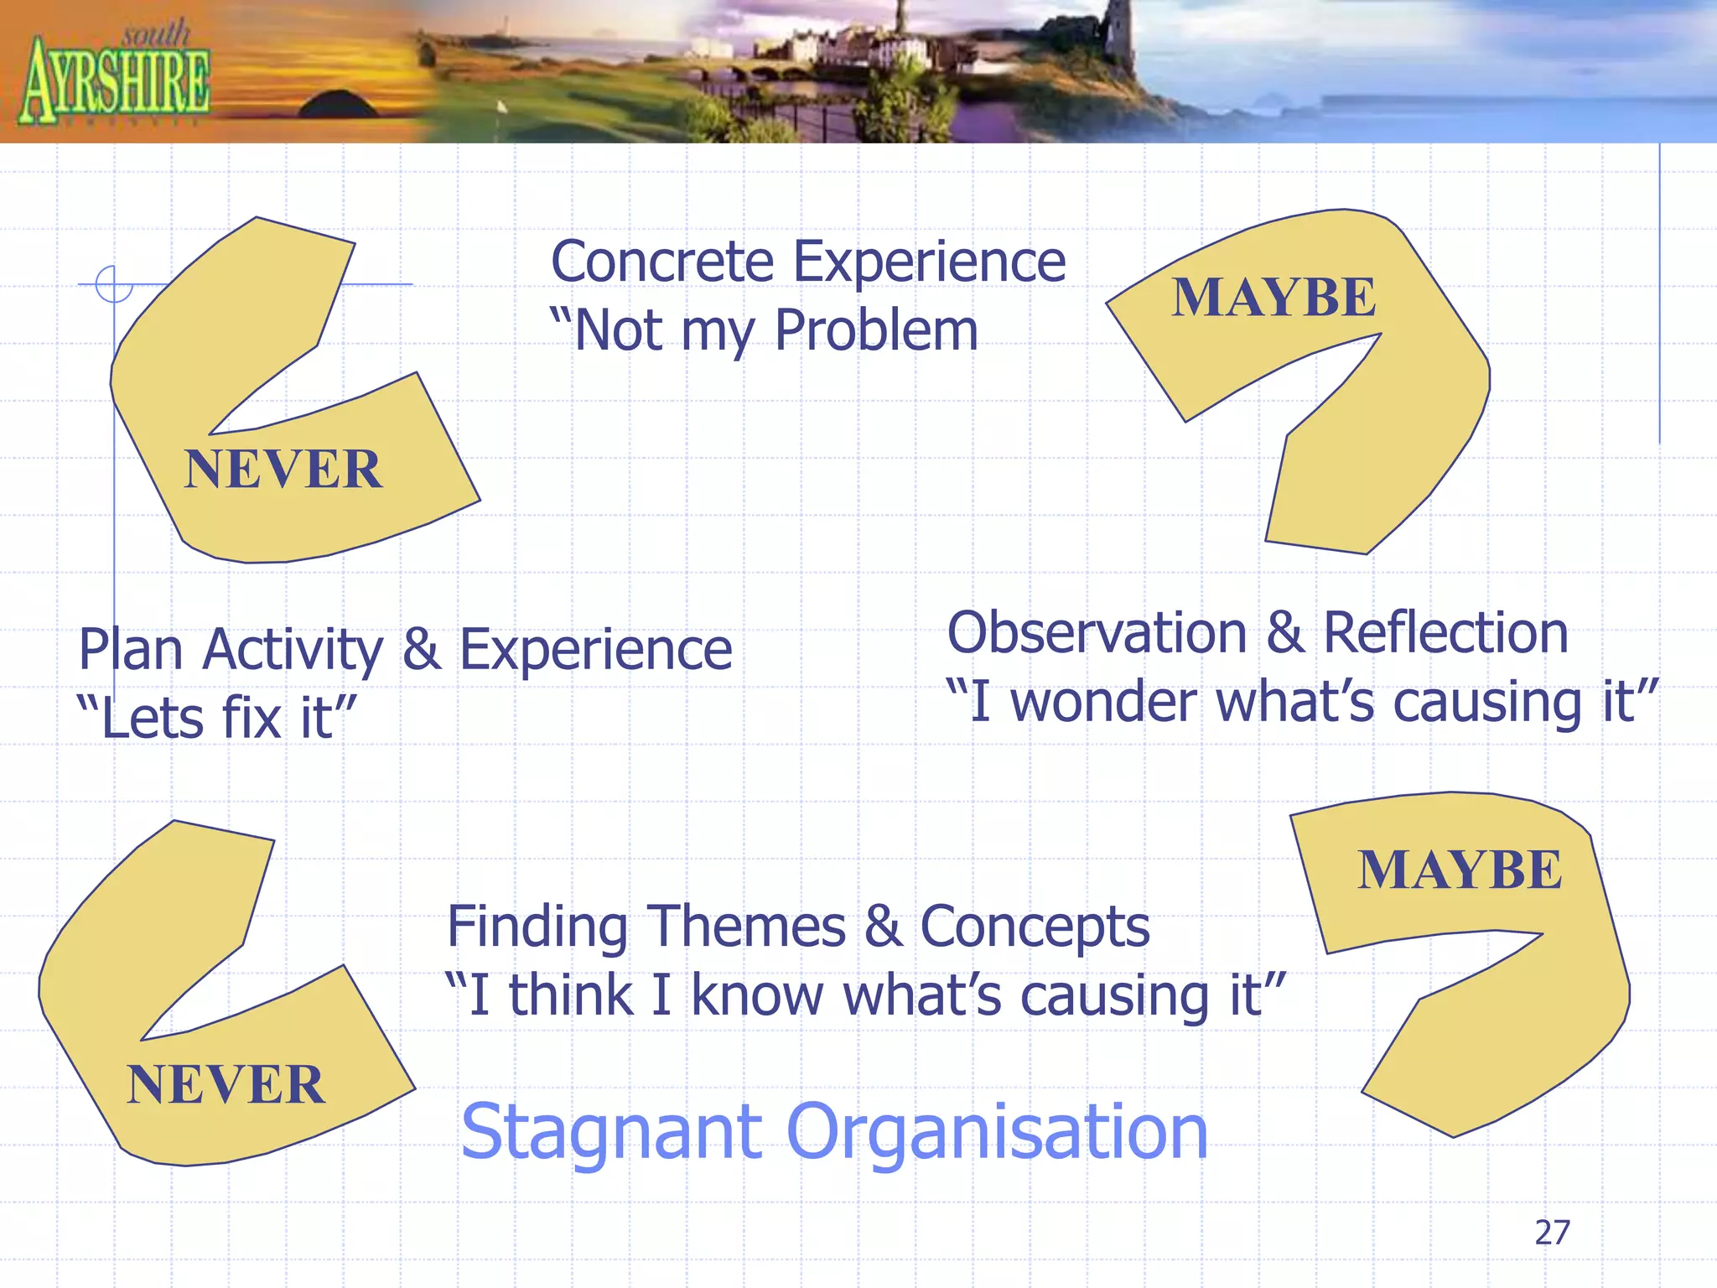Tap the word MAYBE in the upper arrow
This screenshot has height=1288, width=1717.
point(1273,297)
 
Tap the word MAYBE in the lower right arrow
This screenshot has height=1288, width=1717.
point(1460,870)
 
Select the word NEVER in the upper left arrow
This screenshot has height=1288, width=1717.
point(283,469)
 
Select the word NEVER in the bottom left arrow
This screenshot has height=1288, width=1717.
point(226,1084)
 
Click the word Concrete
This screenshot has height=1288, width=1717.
point(662,262)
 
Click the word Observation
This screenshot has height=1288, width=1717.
point(1097,632)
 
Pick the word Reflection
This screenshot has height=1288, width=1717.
point(1445,632)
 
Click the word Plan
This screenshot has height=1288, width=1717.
point(130,651)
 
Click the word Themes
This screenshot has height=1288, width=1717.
point(746,927)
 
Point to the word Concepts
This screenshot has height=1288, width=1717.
point(1035,927)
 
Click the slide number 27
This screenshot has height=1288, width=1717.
point(1552,1233)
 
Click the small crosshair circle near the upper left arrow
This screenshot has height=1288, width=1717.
point(114,284)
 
